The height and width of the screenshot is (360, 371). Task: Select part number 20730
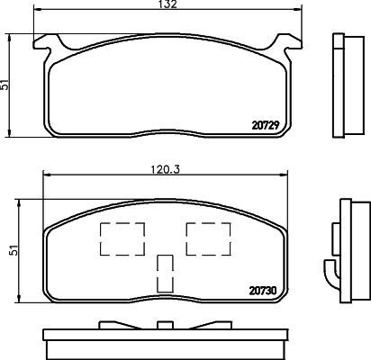click(x=260, y=290)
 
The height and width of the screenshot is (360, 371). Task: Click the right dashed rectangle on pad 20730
click(x=204, y=238)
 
